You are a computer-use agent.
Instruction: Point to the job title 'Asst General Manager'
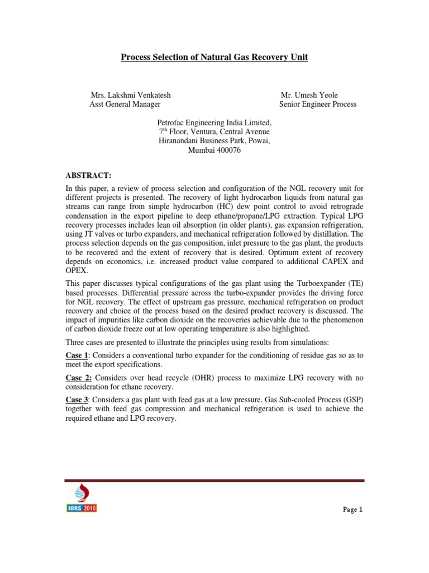125,104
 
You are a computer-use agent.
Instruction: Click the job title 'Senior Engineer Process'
317,104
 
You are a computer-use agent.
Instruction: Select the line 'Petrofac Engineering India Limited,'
214,122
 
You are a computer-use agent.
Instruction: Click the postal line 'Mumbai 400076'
214,151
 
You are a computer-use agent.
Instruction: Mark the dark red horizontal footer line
214,480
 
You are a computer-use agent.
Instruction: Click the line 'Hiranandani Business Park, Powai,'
214,141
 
